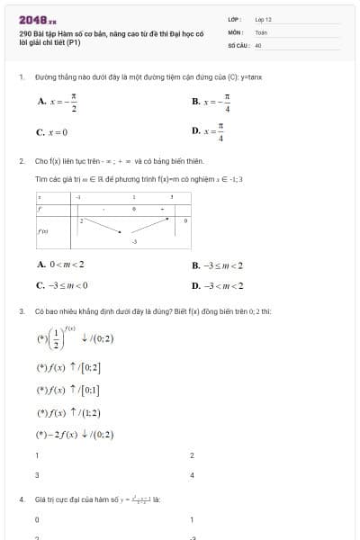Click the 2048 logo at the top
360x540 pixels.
pos(37,18)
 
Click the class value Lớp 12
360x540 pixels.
pos(263,18)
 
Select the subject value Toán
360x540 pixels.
pos(261,31)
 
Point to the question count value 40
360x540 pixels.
pos(258,44)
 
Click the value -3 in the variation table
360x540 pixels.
pos(134,242)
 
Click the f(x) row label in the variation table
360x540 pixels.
pos(42,230)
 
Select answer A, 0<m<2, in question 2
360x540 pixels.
pos(61,265)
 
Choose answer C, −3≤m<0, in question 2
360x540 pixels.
pos(62,286)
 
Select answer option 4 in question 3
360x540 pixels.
pos(192,474)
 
